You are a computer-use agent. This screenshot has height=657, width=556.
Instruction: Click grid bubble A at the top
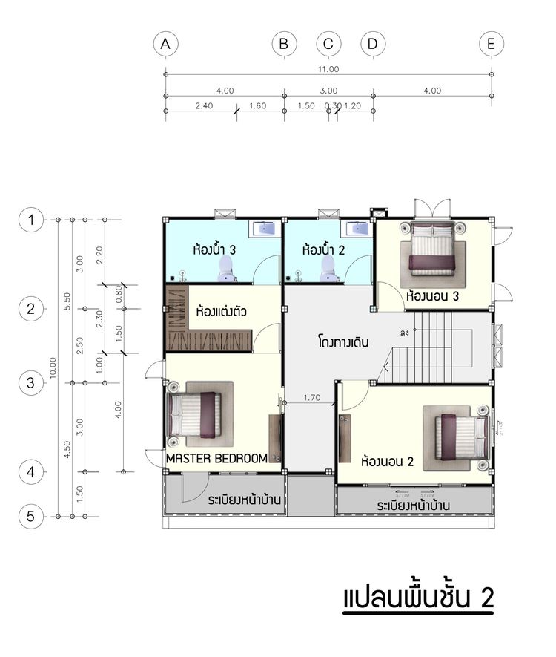click(x=165, y=45)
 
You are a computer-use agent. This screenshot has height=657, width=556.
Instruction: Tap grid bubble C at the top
click(x=328, y=45)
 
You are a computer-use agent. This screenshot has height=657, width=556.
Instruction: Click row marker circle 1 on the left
click(x=30, y=220)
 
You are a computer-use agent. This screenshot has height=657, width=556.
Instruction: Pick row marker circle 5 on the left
click(x=30, y=516)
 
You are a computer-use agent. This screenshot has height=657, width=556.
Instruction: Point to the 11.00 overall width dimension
click(x=328, y=69)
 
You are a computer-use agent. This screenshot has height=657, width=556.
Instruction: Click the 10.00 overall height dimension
click(x=52, y=367)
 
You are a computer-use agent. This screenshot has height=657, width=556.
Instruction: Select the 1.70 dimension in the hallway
click(x=312, y=398)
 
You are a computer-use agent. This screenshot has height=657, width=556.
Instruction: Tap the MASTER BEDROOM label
click(x=216, y=459)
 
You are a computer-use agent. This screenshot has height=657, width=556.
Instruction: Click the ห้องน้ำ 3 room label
click(x=214, y=250)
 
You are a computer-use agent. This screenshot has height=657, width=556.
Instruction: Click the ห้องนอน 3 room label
click(x=432, y=295)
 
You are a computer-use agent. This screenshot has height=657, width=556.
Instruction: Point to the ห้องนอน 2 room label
click(x=386, y=461)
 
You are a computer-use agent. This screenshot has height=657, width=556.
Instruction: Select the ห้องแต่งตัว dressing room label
click(x=221, y=312)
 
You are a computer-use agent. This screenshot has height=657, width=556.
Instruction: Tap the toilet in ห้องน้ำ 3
click(x=228, y=274)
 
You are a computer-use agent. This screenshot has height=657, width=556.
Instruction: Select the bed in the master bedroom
click(x=195, y=415)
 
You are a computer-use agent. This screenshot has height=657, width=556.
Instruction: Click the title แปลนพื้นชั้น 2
click(x=417, y=598)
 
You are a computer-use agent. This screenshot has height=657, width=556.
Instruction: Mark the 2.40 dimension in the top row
click(x=204, y=106)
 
